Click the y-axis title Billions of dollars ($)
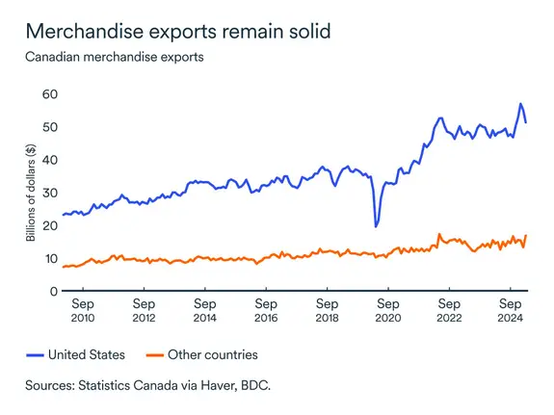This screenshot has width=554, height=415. coord(32,193)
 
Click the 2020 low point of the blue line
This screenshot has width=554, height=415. coord(375,226)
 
